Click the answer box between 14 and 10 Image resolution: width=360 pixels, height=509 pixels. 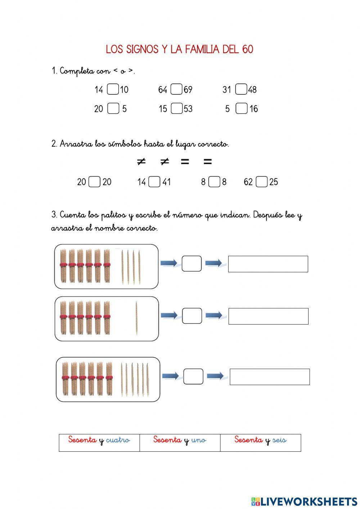(113, 89)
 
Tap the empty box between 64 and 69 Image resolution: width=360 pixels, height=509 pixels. (176, 89)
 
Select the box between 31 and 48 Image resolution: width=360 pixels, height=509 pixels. (241, 89)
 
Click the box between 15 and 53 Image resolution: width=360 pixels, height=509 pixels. (176, 108)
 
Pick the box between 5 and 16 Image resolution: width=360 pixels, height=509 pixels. (241, 108)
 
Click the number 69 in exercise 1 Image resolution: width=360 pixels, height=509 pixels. (188, 90)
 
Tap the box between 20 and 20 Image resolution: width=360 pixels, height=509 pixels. (94, 182)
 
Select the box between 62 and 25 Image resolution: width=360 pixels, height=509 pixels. (262, 182)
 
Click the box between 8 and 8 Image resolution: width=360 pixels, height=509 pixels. (214, 182)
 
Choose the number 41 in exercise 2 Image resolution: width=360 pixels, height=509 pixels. (166, 182)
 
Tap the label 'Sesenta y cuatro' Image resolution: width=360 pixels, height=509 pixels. (99, 441)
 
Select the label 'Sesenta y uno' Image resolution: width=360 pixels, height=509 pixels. (180, 441)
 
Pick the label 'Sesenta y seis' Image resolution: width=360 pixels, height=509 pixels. (260, 441)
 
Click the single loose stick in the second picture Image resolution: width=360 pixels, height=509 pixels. (136, 318)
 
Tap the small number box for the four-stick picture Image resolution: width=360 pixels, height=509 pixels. (192, 264)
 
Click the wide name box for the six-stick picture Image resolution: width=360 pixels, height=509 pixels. (270, 377)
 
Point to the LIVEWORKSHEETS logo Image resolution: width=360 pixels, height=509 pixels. (304, 501)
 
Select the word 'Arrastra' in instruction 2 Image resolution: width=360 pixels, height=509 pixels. (76, 144)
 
